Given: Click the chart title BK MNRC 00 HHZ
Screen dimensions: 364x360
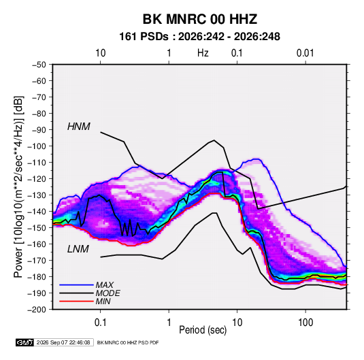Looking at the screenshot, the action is point(199,19).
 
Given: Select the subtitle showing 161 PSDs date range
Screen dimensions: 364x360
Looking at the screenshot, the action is point(199,37).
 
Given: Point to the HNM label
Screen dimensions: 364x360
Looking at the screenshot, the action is point(79,127).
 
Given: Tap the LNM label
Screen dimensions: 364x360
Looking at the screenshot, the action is point(78,249).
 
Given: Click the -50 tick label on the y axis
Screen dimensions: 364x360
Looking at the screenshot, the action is point(39,65).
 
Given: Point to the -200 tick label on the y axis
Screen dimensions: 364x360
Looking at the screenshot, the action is point(37,310).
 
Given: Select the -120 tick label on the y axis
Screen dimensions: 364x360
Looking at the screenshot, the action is point(37,178).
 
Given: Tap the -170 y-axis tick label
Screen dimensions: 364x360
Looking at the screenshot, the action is point(37,261).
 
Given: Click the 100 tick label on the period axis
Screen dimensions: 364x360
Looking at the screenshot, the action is point(305,323).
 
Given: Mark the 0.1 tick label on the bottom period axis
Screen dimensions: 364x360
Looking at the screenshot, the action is point(100,323).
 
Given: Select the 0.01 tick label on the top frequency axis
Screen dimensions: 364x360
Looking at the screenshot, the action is point(305,53).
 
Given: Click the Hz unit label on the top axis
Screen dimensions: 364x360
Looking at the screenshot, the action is point(203,53).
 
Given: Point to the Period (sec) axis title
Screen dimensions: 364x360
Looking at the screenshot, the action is point(203,330).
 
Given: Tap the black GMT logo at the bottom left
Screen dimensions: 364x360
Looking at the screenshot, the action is point(24,342).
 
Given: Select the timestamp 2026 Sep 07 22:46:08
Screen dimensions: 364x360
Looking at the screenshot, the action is point(63,342).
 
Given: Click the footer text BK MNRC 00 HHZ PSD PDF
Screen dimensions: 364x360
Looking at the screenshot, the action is point(128,342).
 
